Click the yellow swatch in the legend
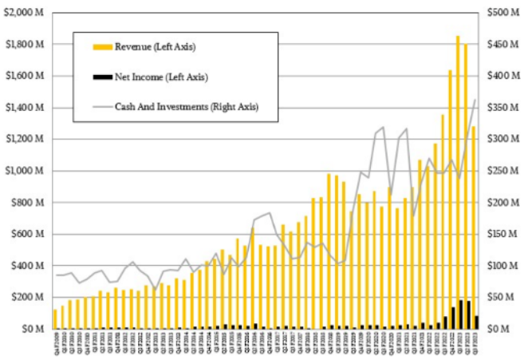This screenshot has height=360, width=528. click(103, 48)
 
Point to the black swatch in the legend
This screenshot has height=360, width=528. click(103, 77)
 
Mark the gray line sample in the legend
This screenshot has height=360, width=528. click(103, 106)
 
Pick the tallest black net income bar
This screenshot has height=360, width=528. click(460, 315)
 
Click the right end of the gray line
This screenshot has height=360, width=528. click(477, 100)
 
